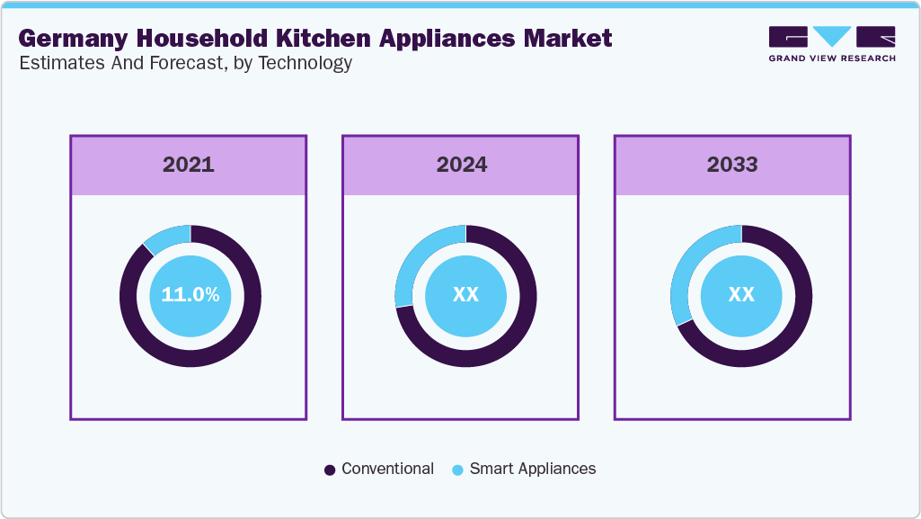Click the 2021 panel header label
(x=189, y=165)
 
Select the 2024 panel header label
(x=462, y=165)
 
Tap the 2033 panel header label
(x=732, y=165)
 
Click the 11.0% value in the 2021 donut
(x=190, y=295)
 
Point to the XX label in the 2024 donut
(x=465, y=295)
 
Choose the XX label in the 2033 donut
(x=741, y=295)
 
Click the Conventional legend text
(x=387, y=469)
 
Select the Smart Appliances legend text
(x=532, y=469)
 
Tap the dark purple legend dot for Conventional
(x=330, y=470)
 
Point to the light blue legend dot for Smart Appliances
(x=457, y=470)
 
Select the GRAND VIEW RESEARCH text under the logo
(x=832, y=58)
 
